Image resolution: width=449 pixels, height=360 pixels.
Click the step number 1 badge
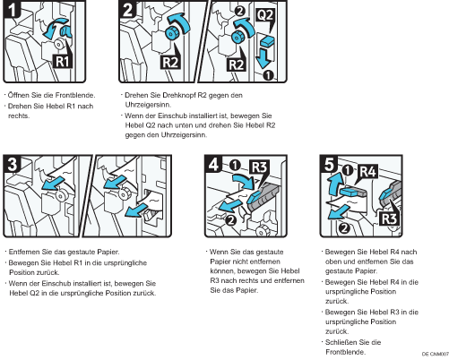(12, 9)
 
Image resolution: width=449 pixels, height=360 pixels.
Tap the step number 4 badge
(213, 164)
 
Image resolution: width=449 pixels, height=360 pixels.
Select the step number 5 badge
(329, 164)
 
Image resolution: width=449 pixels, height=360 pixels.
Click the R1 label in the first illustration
(62, 62)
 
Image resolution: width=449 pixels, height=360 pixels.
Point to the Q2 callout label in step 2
(265, 14)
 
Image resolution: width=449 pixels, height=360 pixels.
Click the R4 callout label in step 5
(368, 172)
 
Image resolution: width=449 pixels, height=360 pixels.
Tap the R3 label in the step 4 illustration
(259, 167)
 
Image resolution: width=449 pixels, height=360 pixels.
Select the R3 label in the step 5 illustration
(389, 219)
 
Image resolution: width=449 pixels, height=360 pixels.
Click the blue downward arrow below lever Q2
(263, 58)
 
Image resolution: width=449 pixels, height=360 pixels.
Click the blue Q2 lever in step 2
(267, 41)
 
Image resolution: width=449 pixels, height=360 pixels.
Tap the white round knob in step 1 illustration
(58, 44)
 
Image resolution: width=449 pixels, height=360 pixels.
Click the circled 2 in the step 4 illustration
(231, 220)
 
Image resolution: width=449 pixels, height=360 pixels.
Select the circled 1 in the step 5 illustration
(347, 171)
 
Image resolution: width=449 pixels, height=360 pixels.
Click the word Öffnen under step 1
(16, 95)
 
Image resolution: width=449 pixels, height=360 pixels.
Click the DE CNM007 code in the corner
(436, 354)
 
